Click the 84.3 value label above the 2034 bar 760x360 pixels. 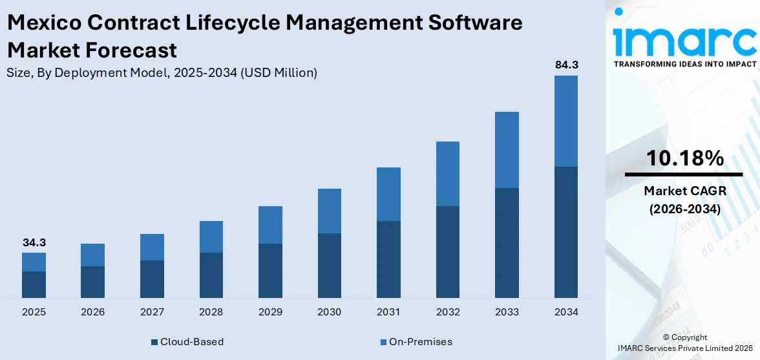tap(566, 65)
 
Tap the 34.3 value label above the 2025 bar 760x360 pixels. tap(34, 242)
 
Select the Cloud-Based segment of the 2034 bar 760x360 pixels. tap(566, 232)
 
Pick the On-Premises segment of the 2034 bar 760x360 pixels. tap(566, 121)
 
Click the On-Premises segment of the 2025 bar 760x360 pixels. tap(34, 262)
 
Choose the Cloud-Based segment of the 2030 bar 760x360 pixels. tap(330, 265)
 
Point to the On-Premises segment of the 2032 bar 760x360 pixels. tap(448, 174)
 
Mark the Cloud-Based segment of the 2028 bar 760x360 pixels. tap(211, 275)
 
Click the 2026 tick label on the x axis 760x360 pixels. tap(93, 312)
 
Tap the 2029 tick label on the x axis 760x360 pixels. tap(270, 312)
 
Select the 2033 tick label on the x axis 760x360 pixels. tap(507, 312)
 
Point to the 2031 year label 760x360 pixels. tap(388, 312)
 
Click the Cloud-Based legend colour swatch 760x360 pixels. tap(154, 342)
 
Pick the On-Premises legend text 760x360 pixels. tap(420, 342)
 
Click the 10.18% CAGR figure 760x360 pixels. tap(684, 158)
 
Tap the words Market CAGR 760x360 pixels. tap(684, 191)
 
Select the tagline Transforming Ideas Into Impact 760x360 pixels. tap(684, 64)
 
